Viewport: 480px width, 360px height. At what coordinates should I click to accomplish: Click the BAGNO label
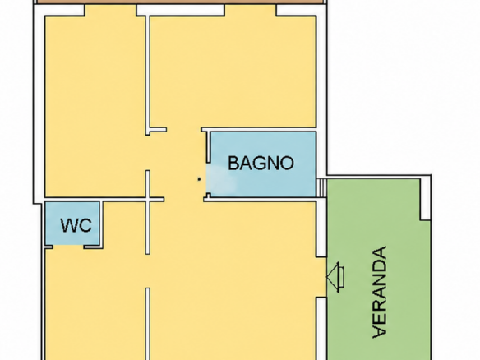coord(261,163)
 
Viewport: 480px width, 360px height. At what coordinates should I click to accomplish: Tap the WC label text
coord(76,225)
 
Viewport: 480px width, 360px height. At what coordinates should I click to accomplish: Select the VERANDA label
coord(380,292)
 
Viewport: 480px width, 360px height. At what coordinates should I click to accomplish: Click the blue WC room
coord(72,224)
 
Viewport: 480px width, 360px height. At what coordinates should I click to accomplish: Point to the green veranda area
coord(379,270)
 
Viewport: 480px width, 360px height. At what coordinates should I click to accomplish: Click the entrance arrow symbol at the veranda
coord(335,277)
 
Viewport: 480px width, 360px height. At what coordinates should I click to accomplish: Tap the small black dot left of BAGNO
coord(199,179)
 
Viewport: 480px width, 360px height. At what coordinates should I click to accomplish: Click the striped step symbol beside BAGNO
coord(321,187)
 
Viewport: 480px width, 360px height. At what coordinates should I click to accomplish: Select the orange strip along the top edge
coord(180,2)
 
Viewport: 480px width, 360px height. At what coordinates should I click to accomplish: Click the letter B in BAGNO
coord(233,163)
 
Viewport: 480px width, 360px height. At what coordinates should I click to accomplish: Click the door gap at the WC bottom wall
coord(68,247)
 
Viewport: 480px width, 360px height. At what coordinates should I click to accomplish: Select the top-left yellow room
coord(95,105)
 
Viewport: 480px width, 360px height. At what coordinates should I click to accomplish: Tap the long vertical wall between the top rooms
coord(148,75)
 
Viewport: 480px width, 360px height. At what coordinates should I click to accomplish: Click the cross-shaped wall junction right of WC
coord(148,200)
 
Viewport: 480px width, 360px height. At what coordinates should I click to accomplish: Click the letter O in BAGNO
coord(287,164)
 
